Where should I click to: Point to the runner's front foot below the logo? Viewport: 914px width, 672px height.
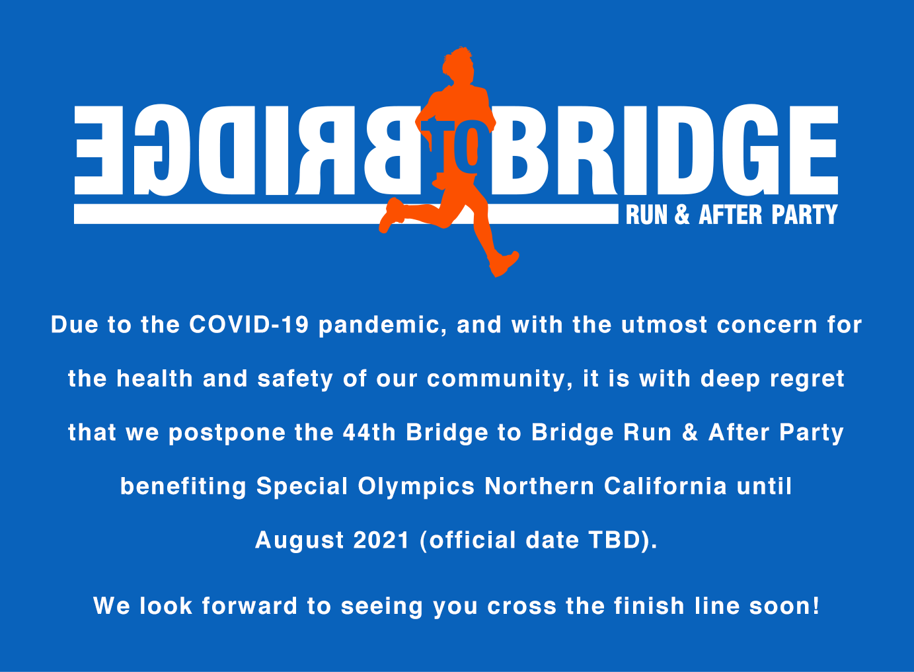504,264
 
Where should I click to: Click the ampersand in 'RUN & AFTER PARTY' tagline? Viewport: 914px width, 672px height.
682,215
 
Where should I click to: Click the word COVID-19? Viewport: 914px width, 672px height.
249,325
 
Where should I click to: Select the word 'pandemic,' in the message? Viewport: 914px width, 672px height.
383,325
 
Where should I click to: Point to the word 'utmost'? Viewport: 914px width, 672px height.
664,325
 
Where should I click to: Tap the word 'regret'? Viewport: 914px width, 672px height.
807,379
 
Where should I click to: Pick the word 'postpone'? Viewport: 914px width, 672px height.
227,433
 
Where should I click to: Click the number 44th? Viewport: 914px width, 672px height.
369,432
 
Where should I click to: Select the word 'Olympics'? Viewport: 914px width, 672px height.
416,487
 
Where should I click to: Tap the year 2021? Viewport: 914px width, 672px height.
381,541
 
